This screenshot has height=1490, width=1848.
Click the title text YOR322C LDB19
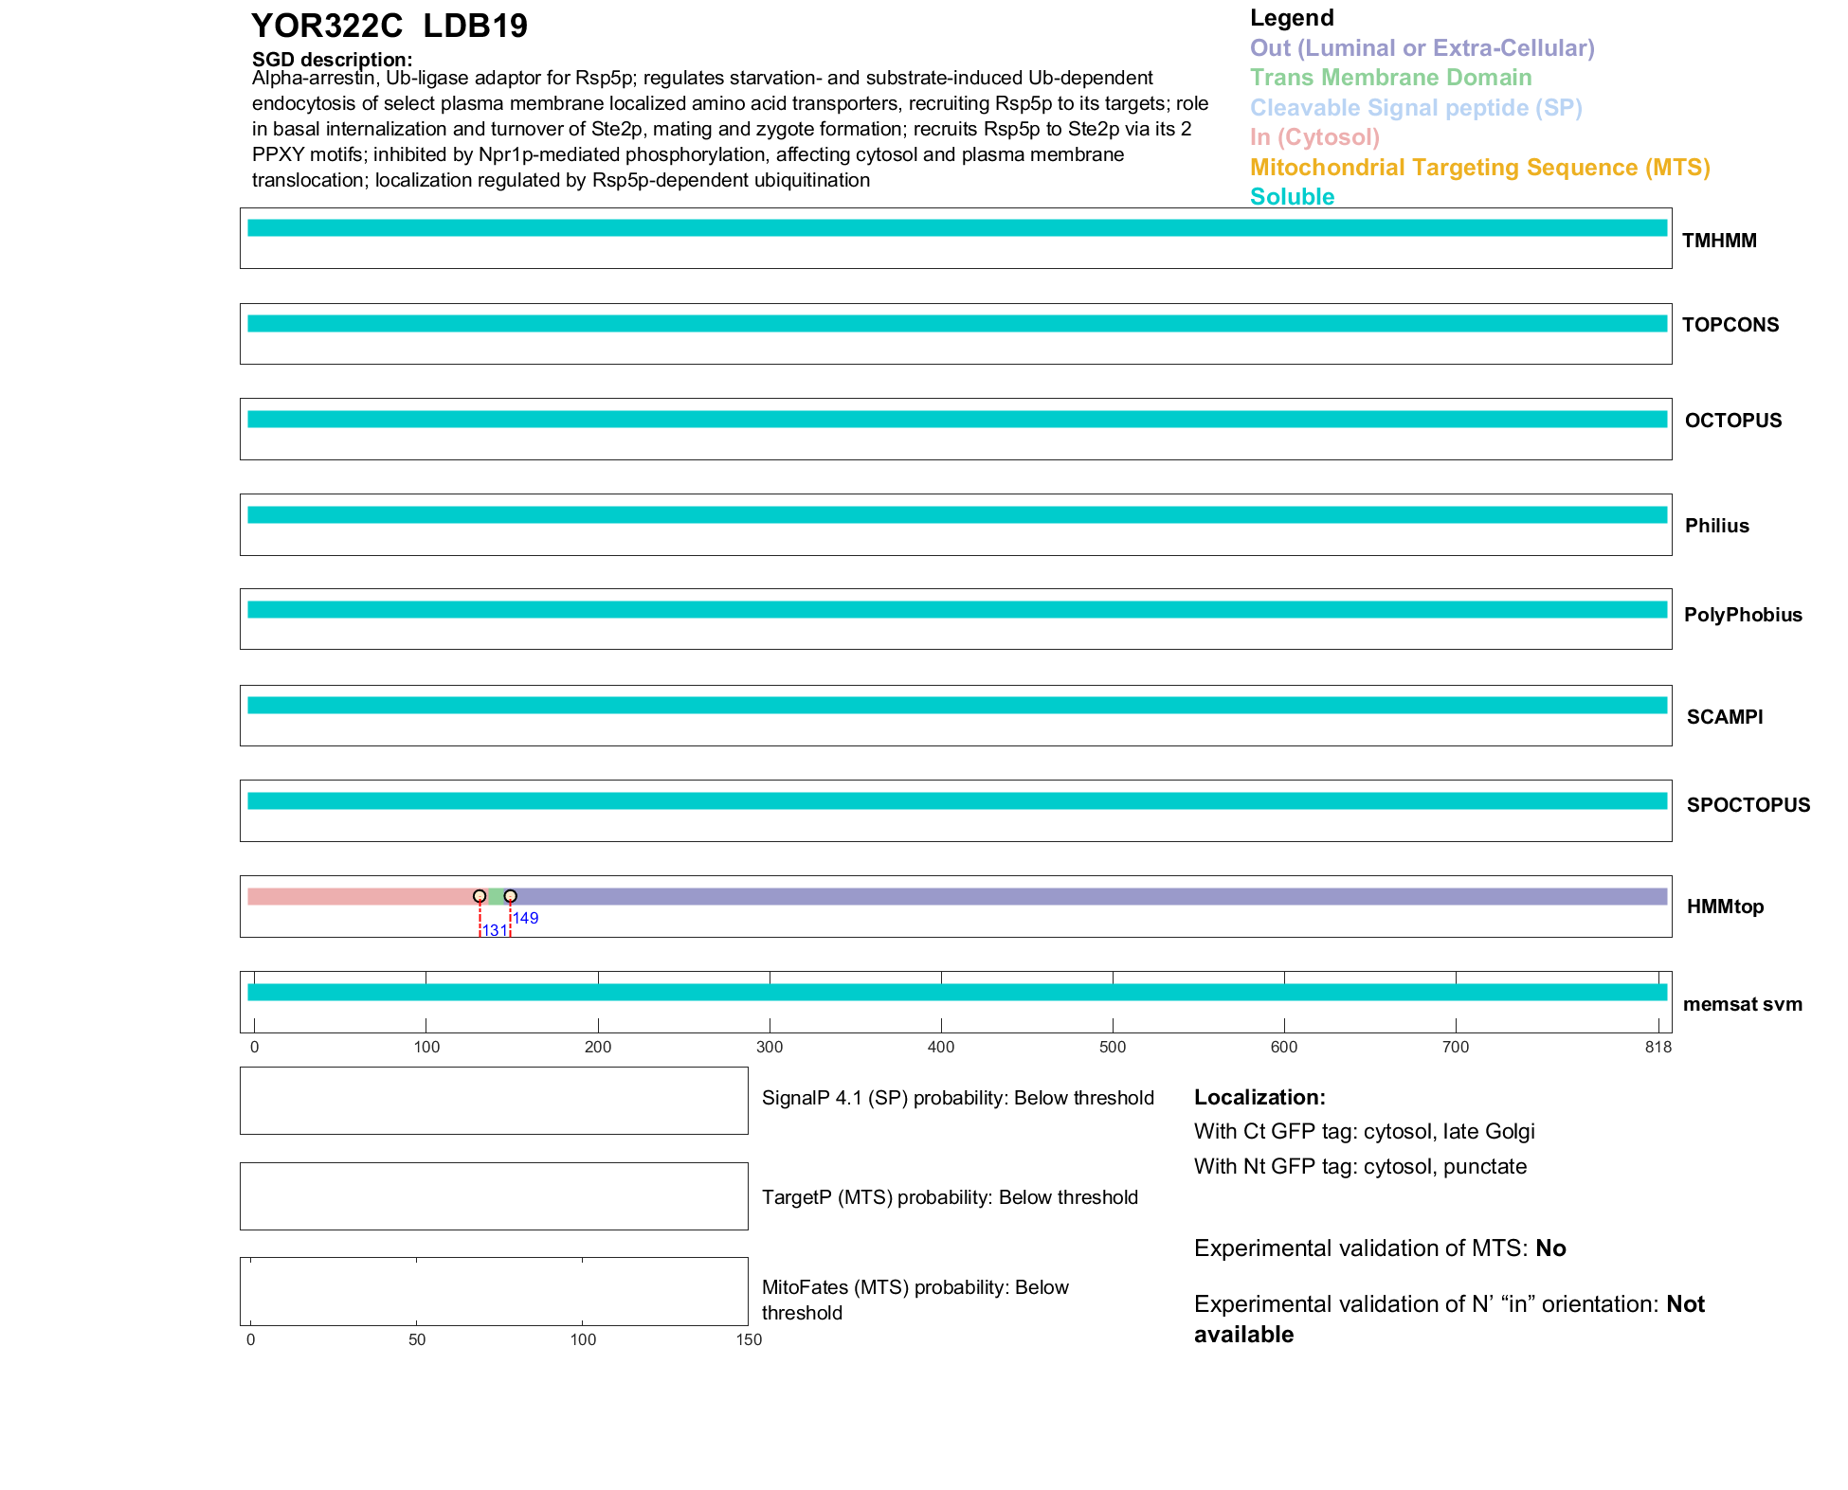pyautogui.click(x=389, y=26)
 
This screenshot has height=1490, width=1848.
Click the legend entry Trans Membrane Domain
pyautogui.click(x=1390, y=78)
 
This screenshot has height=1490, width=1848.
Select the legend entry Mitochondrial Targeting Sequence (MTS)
pyautogui.click(x=1479, y=168)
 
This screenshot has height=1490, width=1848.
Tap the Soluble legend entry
pyautogui.click(x=1292, y=197)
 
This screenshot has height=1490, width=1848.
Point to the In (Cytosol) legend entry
pyautogui.click(x=1314, y=137)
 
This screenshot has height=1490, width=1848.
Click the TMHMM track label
pyautogui.click(x=1719, y=241)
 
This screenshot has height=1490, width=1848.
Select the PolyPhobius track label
pyautogui.click(x=1743, y=615)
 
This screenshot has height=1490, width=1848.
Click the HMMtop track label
pyautogui.click(x=1725, y=907)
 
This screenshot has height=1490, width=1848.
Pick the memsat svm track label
pyautogui.click(x=1742, y=1004)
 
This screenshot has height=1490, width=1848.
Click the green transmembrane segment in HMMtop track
pyautogui.click(x=495, y=896)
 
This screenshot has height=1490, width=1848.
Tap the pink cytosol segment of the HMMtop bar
pyautogui.click(x=360, y=896)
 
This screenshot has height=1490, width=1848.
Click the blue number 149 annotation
pyautogui.click(x=526, y=918)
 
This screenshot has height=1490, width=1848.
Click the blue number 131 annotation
pyautogui.click(x=495, y=930)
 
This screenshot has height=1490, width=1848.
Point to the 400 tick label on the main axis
pyautogui.click(x=941, y=1047)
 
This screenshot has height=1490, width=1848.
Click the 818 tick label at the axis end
pyautogui.click(x=1658, y=1047)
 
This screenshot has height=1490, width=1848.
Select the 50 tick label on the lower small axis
pyautogui.click(x=417, y=1339)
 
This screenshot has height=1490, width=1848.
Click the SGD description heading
pyautogui.click(x=332, y=60)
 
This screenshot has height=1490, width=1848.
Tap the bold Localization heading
pyautogui.click(x=1259, y=1097)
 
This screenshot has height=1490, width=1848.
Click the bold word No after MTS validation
pyautogui.click(x=1550, y=1248)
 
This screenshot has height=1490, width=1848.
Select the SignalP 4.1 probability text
pyautogui.click(x=957, y=1098)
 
